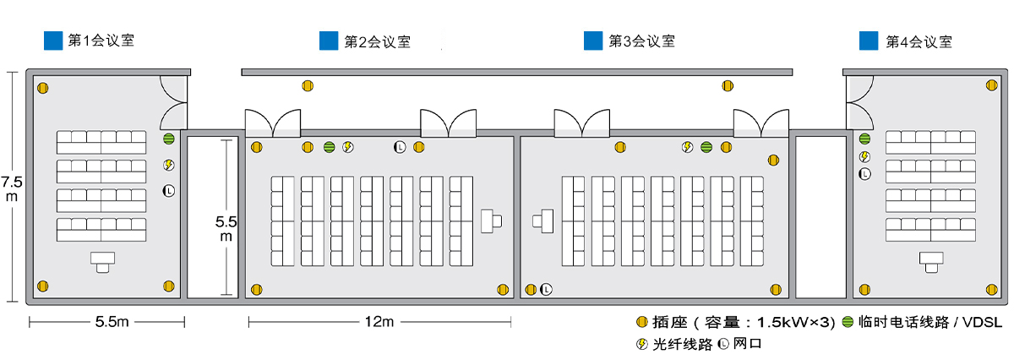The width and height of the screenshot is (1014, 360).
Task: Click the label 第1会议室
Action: point(101,40)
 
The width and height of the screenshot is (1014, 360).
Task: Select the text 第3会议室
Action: point(641,40)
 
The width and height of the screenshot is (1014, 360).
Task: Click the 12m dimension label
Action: point(379,322)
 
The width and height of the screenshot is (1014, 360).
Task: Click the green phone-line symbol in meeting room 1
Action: point(168,139)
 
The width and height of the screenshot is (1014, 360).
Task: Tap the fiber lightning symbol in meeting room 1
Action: point(168,165)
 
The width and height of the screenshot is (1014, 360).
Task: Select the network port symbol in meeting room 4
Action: point(864,174)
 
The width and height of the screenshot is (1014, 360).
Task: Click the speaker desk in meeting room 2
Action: point(490,221)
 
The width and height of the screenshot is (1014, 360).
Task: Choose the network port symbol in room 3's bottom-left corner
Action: point(547,289)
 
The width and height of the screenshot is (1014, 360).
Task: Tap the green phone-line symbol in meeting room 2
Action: point(329,148)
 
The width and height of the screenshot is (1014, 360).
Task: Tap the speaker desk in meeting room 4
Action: point(932,261)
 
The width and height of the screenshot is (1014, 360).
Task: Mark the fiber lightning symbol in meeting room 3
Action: point(688,148)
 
